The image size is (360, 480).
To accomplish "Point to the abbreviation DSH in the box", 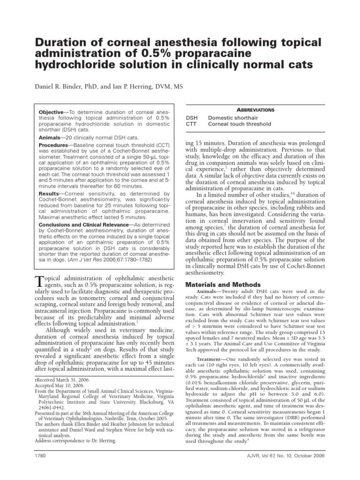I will pos(192,118).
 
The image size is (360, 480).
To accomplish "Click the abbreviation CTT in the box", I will pos(192,124).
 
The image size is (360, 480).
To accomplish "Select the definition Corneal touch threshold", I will pos(240,124).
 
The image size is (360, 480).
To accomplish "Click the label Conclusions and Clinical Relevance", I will pos(83,225).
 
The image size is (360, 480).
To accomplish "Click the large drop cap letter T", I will pos(40,281).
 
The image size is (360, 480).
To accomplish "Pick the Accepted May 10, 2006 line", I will pos(60,386).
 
